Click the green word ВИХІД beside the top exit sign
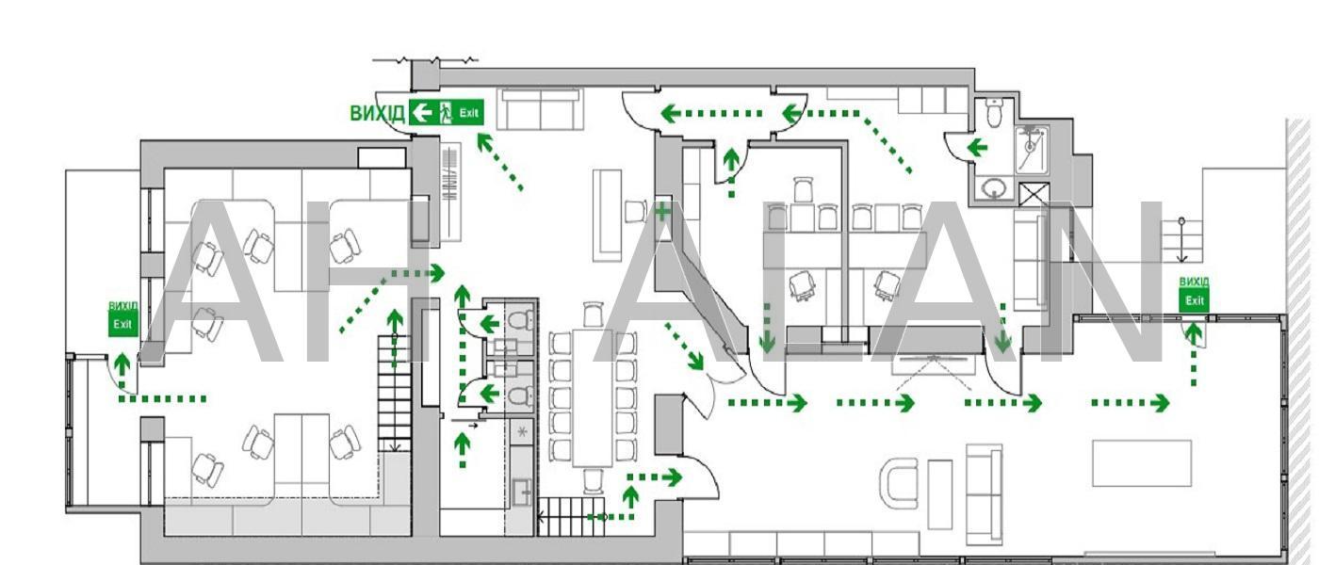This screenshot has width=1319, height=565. click(377, 114)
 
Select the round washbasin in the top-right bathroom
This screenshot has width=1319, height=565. click(992, 189)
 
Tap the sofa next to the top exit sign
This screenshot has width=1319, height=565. click(541, 109)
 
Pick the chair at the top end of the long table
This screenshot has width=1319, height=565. click(592, 314)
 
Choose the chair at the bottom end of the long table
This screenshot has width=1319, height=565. click(592, 481)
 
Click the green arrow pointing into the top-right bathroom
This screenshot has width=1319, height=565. click(976, 147)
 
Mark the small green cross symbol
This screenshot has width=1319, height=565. click(663, 211)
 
